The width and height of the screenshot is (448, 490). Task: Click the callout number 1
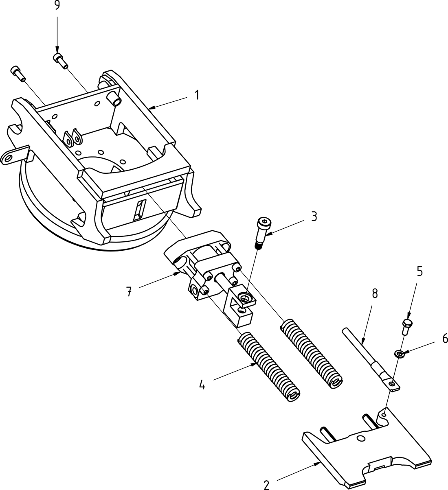197,95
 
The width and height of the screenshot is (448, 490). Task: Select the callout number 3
314,217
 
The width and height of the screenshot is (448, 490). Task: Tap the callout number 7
129,291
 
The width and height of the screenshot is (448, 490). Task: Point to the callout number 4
202,385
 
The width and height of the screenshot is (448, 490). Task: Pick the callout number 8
374,294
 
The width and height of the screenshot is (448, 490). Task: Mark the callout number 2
266,485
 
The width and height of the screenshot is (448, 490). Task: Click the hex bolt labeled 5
406,326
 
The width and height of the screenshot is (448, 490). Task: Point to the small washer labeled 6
398,353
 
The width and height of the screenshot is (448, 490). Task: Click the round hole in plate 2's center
360,439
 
